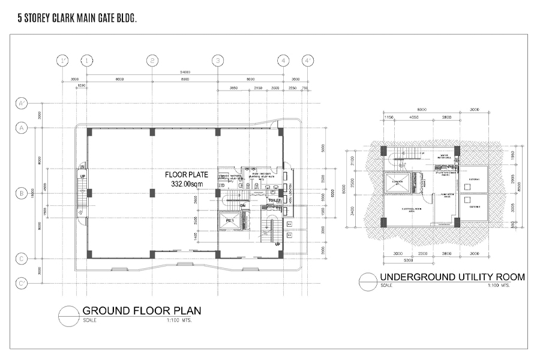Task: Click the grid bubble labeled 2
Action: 153,60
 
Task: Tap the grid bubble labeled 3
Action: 218,60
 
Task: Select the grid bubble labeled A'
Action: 21,104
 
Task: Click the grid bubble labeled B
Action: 21,193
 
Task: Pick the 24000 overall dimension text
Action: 185,71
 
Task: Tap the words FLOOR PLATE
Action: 187,175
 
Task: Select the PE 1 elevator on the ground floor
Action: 229,221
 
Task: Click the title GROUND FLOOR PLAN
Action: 141,311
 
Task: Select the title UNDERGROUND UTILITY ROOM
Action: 452,277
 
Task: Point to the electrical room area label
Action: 410,209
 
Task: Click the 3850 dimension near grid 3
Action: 235,88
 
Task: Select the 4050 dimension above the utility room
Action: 414,118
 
